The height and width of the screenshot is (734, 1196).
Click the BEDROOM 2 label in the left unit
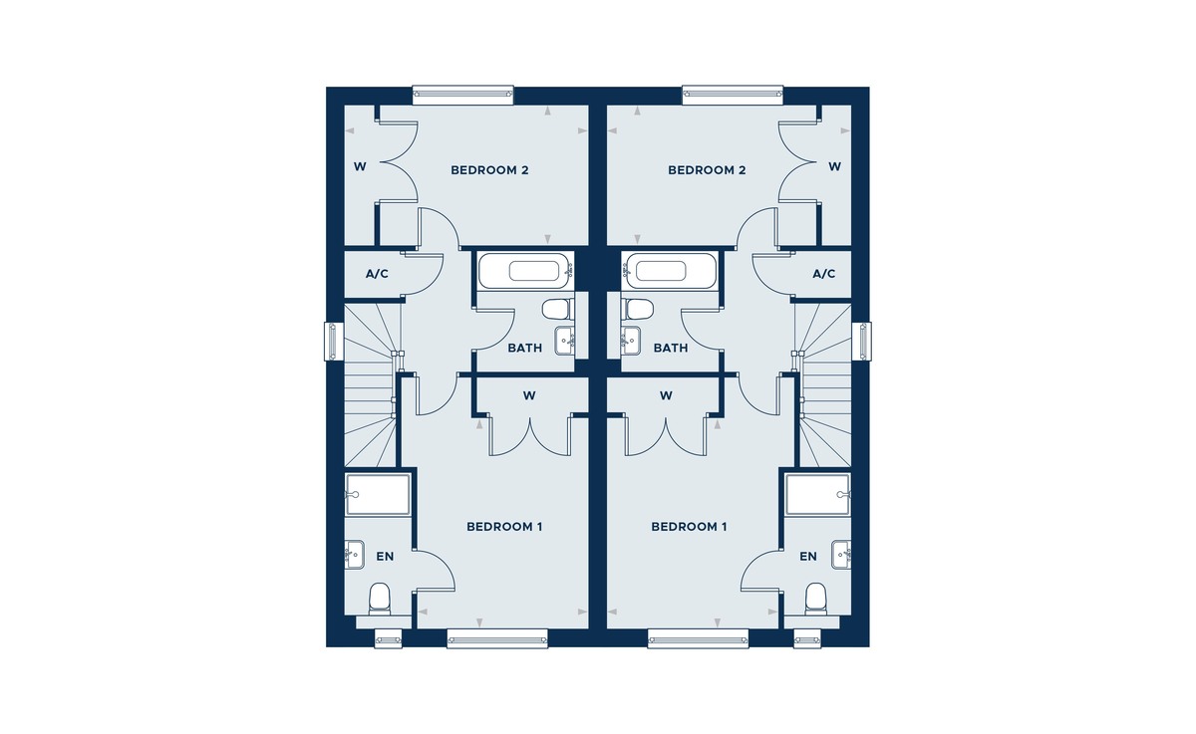(489, 170)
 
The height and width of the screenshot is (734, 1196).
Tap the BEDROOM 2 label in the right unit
(707, 170)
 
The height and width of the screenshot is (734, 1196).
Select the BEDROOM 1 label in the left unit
(504, 527)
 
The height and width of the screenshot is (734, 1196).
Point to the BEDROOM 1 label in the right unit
(689, 527)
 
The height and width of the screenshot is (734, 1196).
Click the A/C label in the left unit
(377, 274)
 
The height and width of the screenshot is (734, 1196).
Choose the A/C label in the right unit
(824, 274)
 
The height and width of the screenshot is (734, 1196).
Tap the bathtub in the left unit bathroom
(526, 271)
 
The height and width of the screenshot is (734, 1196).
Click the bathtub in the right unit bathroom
(670, 271)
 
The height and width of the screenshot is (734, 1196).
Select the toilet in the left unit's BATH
(558, 310)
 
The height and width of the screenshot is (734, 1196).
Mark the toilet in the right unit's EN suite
(815, 599)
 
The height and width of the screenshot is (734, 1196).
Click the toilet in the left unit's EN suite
(380, 599)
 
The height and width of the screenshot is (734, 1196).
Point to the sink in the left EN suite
(355, 555)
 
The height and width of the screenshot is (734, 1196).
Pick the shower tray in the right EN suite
(818, 495)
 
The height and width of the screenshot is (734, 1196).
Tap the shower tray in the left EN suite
(378, 495)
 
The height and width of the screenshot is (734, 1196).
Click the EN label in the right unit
(808, 557)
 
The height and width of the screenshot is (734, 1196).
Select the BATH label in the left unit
(525, 349)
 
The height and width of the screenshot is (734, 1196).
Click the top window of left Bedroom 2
(462, 95)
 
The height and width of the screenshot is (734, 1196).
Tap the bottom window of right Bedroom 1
(699, 638)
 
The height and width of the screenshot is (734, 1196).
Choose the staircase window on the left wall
(333, 342)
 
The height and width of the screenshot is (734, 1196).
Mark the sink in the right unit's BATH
(631, 341)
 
